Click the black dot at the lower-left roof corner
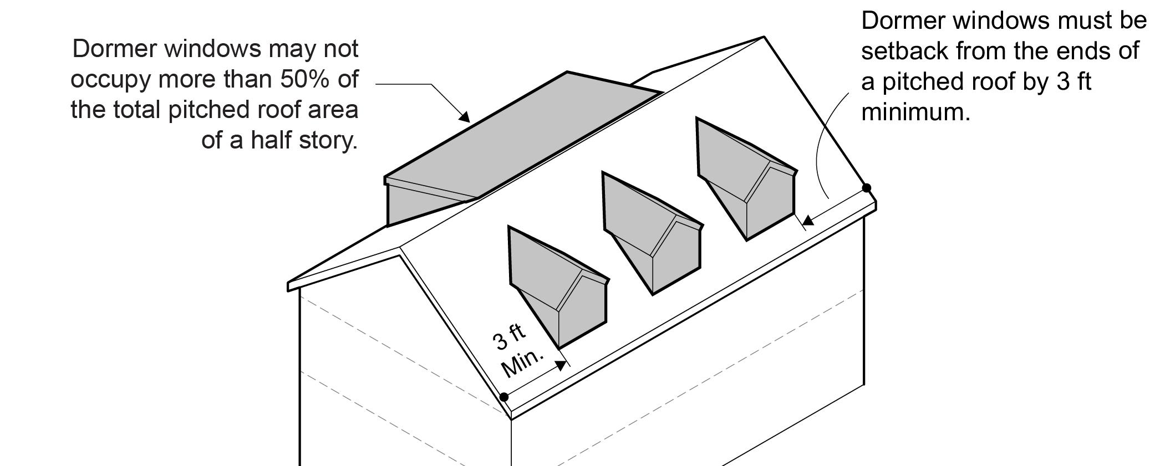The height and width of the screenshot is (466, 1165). [x=504, y=397]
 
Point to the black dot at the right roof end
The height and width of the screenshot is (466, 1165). [x=867, y=188]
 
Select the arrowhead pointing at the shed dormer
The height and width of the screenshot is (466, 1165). [x=465, y=117]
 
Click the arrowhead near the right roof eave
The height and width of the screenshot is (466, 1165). [x=808, y=221]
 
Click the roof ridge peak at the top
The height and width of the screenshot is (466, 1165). [x=764, y=37]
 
